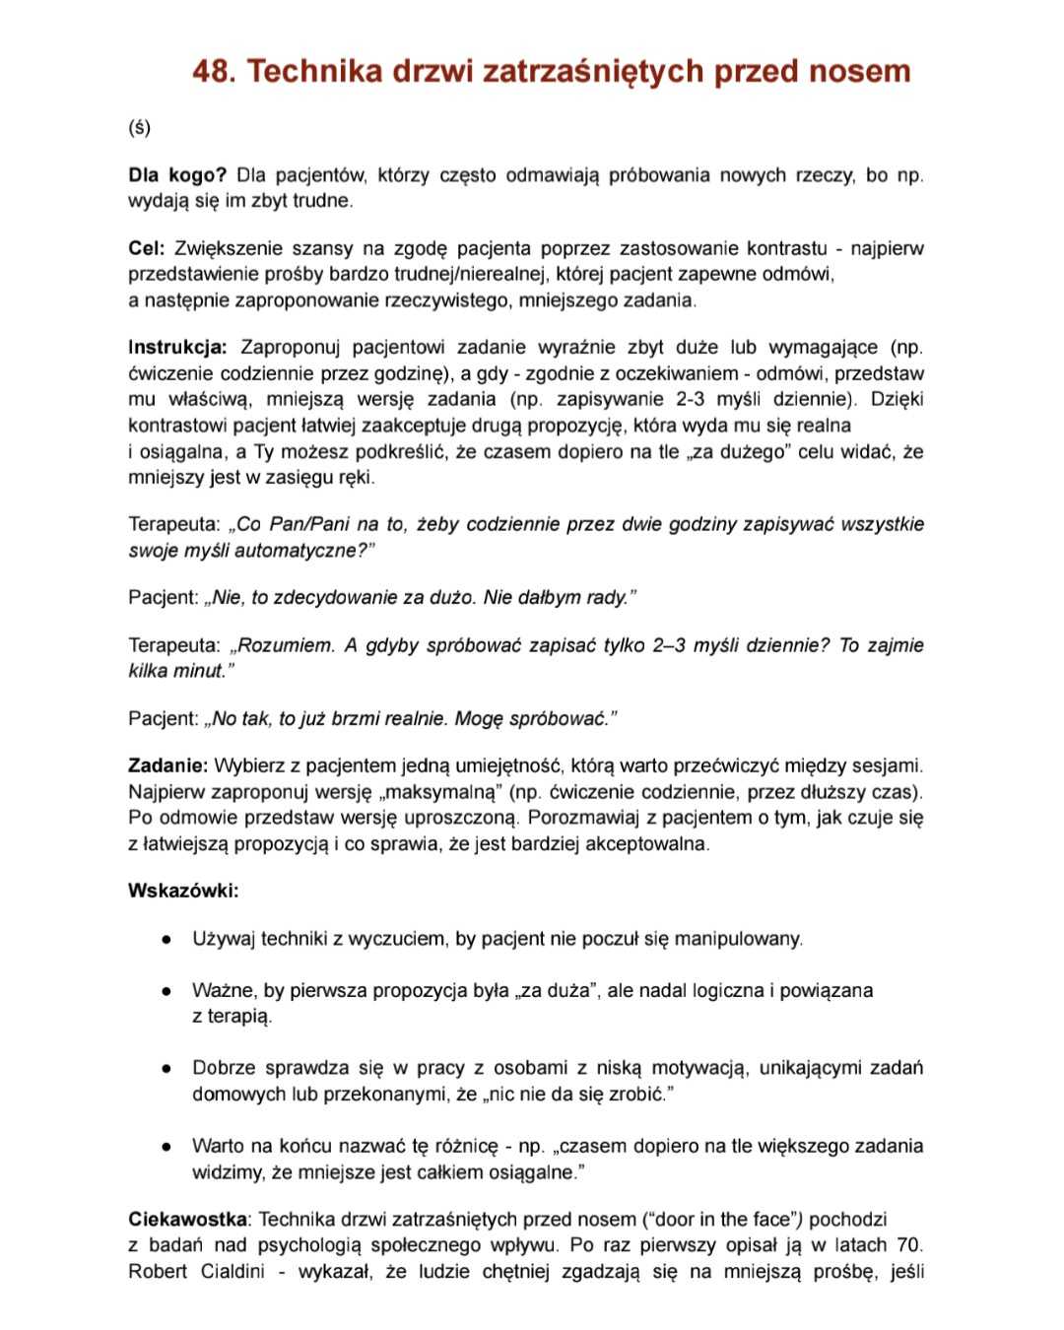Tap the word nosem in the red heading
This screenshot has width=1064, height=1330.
pos(858,72)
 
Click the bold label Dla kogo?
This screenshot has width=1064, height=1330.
pos(177,175)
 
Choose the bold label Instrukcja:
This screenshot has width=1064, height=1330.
pos(177,348)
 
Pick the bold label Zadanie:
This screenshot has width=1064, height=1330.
pos(167,765)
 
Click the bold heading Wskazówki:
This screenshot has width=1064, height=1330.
pos(183,891)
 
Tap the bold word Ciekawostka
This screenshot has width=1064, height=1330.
pos(187,1220)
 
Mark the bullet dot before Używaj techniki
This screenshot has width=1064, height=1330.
pos(168,939)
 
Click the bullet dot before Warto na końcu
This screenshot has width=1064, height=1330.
pos(168,1147)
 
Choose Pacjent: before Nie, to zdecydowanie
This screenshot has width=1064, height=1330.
pos(163,597)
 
